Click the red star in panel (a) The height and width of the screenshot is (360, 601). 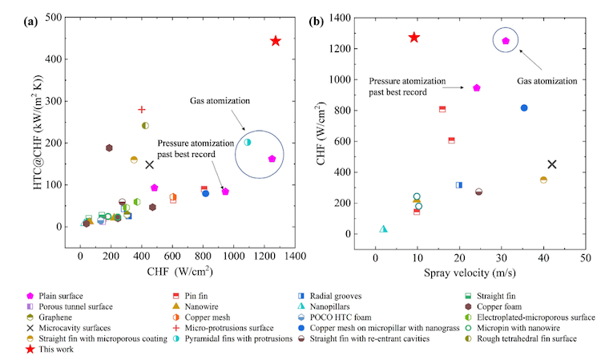[x=275, y=41]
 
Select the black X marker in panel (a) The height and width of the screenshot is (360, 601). [x=149, y=165]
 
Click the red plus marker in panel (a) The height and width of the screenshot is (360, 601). [x=142, y=110]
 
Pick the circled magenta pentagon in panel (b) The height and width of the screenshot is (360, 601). [x=506, y=41]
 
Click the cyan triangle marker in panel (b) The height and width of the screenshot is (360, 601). [x=384, y=229]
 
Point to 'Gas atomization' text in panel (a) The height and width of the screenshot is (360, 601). [x=220, y=101]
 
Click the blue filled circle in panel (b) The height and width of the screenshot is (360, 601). [x=524, y=107]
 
